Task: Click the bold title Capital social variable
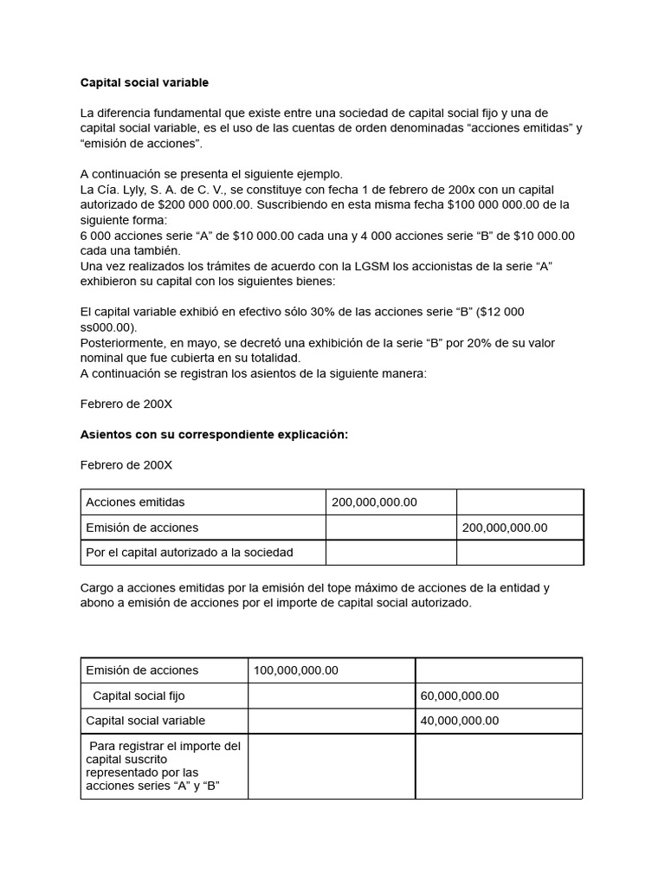145,83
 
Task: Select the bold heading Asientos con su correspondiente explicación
214,435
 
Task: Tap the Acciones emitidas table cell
135,502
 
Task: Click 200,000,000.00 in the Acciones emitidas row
374,502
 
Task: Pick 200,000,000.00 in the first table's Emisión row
505,528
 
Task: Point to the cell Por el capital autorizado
190,553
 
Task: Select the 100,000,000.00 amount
296,670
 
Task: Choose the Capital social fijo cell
139,696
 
